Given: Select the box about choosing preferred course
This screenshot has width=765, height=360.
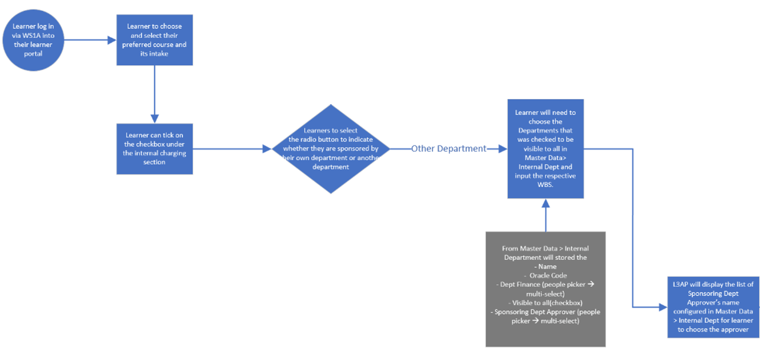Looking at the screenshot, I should pos(154,39).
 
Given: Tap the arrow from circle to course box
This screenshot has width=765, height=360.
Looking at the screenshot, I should pos(86,40).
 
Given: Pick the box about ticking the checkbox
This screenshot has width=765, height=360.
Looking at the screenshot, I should pos(154,149).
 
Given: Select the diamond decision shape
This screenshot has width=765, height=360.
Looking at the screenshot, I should pos(330,149).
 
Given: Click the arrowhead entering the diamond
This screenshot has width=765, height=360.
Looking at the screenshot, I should pos(267,149).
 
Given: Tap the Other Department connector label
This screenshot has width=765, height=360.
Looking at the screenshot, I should pos(449,149).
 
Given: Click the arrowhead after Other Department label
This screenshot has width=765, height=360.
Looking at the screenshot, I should pos(502,149).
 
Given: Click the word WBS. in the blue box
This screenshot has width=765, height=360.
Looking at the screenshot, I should pos(545,185).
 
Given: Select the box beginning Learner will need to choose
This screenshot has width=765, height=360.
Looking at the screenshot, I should pos(545,149).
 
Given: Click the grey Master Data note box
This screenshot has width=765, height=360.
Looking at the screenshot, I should pos(545,289).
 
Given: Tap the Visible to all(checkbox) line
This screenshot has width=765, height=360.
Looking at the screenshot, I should pos(545,303).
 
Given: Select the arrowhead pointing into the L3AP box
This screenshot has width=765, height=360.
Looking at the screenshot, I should pos(663,307).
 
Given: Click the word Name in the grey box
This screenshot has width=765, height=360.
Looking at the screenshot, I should pos(547,267).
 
